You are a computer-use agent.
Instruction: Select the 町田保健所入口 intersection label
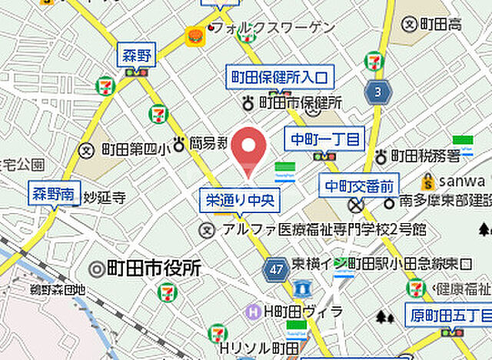pyautogui.click(x=278, y=77)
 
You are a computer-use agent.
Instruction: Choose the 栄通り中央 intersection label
pyautogui.click(x=241, y=201)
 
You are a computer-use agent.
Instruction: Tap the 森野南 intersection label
pyautogui.click(x=53, y=194)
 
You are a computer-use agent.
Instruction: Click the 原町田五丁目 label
pyautogui.click(x=447, y=314)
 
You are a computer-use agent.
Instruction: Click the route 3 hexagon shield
pyautogui.click(x=377, y=92)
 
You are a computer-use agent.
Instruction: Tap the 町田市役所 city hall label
pyautogui.click(x=146, y=269)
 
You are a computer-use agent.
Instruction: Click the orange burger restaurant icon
pyautogui.click(x=193, y=35)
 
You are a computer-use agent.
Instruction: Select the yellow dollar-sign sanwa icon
pyautogui.click(x=428, y=182)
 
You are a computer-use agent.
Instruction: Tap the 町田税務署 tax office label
pyautogui.click(x=424, y=156)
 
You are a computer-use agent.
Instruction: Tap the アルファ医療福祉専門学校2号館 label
pyautogui.click(x=322, y=229)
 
